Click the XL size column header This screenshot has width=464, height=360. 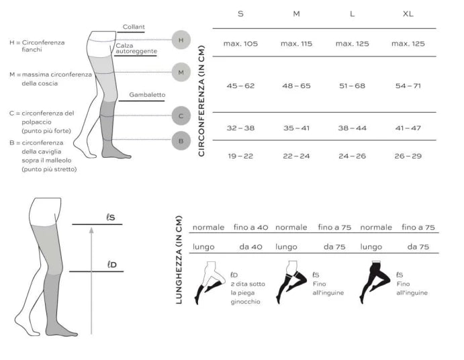(408, 14)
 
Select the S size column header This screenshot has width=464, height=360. (240, 14)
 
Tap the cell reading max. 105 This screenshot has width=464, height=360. (240, 44)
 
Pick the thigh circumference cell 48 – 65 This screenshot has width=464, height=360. (296, 86)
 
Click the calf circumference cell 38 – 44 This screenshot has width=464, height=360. (352, 128)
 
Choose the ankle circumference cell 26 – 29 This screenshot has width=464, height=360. (408, 156)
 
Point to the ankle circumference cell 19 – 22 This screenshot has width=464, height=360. (240, 156)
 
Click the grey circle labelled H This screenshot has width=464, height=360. (181, 40)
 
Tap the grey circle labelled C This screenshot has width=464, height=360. (181, 116)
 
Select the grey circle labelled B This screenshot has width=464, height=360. (181, 140)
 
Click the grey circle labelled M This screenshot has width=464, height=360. (181, 73)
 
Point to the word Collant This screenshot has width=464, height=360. (134, 27)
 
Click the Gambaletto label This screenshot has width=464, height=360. (147, 95)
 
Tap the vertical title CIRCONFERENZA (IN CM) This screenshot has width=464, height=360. (201, 101)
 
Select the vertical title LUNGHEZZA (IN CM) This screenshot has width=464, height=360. (179, 260)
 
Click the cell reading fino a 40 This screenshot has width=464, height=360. (250, 228)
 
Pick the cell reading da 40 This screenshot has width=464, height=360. (250, 246)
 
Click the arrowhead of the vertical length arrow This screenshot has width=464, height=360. (91, 230)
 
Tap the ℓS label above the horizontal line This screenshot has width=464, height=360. (110, 218)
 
